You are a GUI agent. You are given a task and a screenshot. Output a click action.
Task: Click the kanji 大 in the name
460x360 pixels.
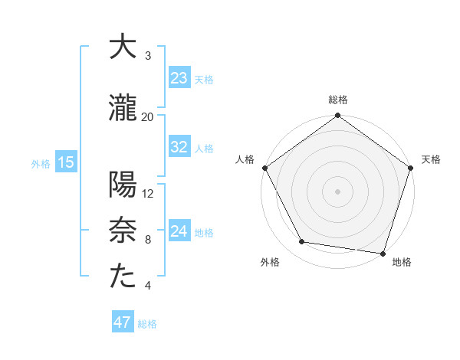[x=123, y=47]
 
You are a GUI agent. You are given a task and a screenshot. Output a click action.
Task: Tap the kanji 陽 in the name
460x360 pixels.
[x=123, y=185]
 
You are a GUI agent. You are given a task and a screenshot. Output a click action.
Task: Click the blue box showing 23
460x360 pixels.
[x=179, y=77]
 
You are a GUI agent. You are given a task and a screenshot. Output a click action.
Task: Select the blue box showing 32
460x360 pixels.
[x=179, y=147]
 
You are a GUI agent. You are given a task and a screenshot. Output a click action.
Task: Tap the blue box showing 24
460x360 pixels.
[x=179, y=231]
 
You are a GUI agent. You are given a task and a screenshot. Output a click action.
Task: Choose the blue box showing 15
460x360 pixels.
[x=65, y=162]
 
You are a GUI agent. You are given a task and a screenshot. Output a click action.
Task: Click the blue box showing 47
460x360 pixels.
[x=122, y=322]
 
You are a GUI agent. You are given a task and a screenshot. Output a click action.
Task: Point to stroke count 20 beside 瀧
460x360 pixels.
[x=148, y=116]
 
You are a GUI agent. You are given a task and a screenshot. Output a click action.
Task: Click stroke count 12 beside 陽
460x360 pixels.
[x=148, y=193]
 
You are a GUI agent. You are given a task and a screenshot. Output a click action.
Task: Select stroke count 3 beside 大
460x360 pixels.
[x=148, y=56]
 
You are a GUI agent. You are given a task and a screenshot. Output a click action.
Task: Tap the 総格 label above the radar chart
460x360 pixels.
[x=338, y=100]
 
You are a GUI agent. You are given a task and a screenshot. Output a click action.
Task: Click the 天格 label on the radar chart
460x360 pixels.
[x=432, y=159]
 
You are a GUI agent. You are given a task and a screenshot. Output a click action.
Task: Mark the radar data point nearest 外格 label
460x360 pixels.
[x=302, y=242]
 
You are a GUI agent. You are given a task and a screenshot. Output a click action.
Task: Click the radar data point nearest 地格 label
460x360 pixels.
[x=383, y=253]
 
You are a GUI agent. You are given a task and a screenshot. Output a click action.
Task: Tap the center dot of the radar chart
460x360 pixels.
[x=338, y=191]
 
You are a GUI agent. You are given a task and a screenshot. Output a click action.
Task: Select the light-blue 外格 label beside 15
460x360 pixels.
[x=40, y=163]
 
